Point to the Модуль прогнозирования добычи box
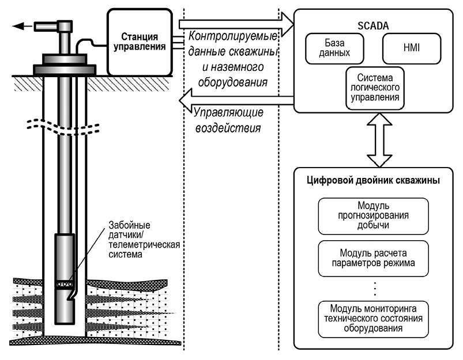pyautogui.click(x=372, y=215)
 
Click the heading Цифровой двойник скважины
pyautogui.click(x=372, y=181)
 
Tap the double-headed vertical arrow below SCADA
pyautogui.click(x=372, y=139)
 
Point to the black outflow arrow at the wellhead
pyautogui.click(x=24, y=25)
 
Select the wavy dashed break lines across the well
pyautogui.click(x=63, y=125)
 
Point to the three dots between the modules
pyautogui.click(x=372, y=286)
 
